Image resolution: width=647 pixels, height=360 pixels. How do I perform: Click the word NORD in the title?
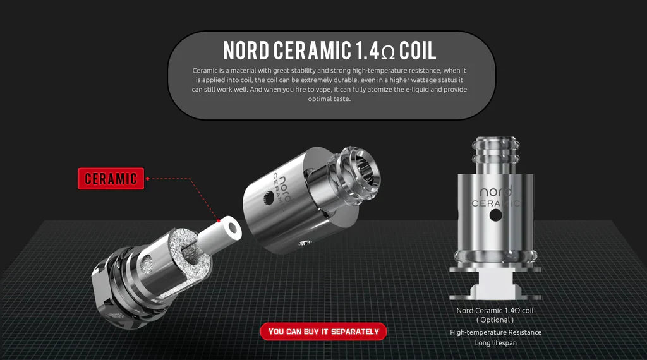pos(249,50)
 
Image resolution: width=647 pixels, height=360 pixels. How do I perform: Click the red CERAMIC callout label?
pos(111,178)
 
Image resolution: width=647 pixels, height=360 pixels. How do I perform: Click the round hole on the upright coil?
pos(495,216)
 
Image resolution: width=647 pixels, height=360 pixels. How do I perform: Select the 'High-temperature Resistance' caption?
pos(495,332)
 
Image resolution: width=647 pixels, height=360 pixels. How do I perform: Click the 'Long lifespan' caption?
pos(495,343)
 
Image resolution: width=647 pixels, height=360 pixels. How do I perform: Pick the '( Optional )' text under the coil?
pos(495,320)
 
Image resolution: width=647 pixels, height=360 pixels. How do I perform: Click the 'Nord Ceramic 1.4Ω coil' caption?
pos(495,311)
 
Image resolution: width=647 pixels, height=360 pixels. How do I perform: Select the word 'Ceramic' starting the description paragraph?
pos(205,70)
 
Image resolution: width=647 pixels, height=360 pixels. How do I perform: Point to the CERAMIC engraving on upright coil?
pos(496,203)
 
